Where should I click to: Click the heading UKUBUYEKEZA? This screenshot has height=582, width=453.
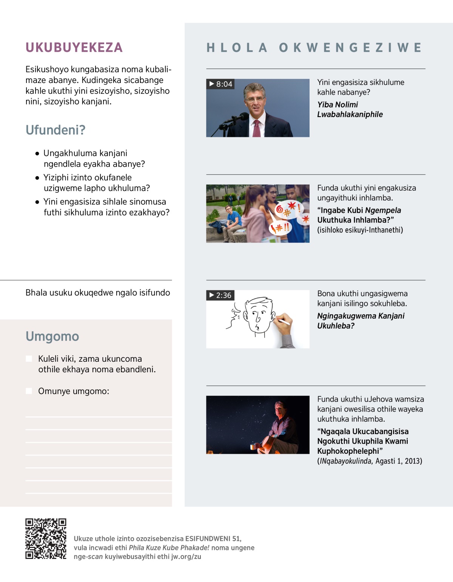point(74,48)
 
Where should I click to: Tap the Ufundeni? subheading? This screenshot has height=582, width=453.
point(55,130)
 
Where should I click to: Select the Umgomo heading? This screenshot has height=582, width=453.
point(52,336)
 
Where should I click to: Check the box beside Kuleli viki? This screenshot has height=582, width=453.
point(29,359)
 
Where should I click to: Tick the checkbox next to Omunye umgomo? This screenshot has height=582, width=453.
point(29,391)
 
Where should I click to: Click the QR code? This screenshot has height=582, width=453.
point(46,539)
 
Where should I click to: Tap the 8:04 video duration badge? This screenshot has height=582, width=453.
point(220,84)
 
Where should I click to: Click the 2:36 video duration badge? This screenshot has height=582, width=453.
point(220,295)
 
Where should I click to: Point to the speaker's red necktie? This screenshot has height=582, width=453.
point(257,128)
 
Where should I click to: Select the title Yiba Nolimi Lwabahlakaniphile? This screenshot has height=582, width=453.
point(350,109)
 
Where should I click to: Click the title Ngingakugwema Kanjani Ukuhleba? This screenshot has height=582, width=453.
point(361,321)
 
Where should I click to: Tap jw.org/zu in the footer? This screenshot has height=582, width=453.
point(186,557)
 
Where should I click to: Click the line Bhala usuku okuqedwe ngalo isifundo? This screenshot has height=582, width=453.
point(98,293)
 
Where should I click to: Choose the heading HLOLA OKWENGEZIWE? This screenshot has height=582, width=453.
point(314,48)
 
